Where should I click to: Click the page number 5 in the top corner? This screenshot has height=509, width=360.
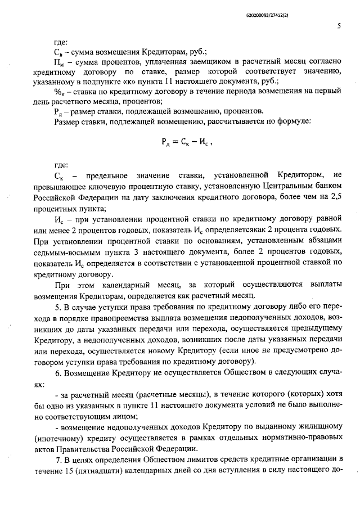[339, 25]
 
